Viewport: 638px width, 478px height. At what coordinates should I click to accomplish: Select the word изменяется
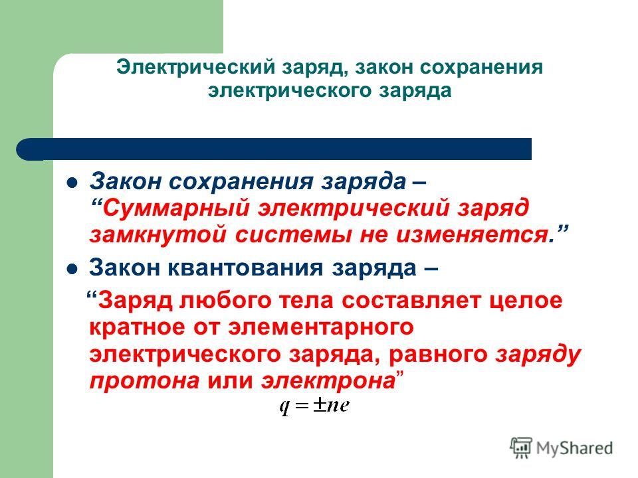(471, 235)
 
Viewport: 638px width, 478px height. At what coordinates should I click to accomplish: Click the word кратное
(137, 327)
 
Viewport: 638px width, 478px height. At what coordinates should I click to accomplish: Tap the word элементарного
(320, 327)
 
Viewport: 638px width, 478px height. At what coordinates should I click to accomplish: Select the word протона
(144, 382)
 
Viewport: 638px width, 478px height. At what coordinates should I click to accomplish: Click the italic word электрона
(328, 382)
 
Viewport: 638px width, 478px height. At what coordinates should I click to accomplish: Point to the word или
(231, 382)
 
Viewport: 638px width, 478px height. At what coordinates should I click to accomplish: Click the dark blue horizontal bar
(274, 149)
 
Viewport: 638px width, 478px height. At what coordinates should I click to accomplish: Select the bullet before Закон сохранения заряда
(72, 183)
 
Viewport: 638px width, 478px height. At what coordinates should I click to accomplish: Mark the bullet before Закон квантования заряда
(72, 269)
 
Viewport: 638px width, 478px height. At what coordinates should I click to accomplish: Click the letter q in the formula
(284, 407)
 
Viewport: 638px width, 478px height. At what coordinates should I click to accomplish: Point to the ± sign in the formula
(320, 404)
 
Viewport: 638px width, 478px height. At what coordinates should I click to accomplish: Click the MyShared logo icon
(521, 448)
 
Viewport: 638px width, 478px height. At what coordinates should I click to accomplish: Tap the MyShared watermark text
(574, 448)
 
